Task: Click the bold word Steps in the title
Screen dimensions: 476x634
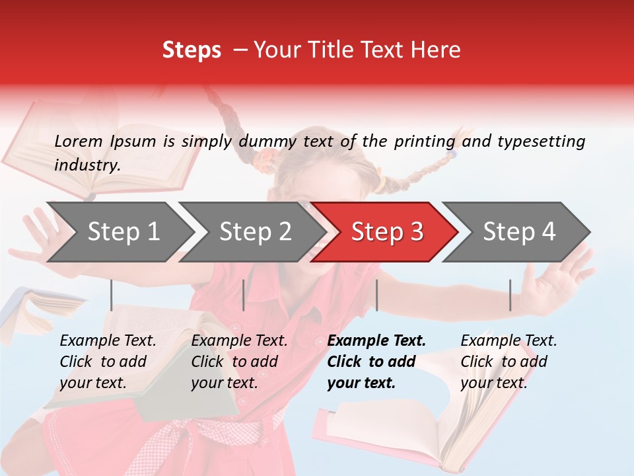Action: (x=192, y=50)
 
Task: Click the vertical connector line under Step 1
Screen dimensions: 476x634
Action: (x=112, y=295)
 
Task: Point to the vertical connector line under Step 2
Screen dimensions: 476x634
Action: (x=244, y=295)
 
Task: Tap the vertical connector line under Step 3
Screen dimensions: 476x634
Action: (x=376, y=295)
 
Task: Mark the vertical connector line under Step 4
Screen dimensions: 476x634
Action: (x=510, y=295)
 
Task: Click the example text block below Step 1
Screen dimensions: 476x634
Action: (x=108, y=362)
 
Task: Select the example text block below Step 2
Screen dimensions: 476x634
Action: (x=239, y=362)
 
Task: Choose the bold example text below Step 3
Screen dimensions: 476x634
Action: (x=376, y=362)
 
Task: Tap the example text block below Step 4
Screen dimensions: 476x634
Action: (x=509, y=362)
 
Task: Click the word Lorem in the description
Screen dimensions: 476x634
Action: (x=79, y=141)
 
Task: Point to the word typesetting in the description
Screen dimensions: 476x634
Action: (x=541, y=141)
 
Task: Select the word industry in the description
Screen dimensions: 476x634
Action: (x=87, y=165)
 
